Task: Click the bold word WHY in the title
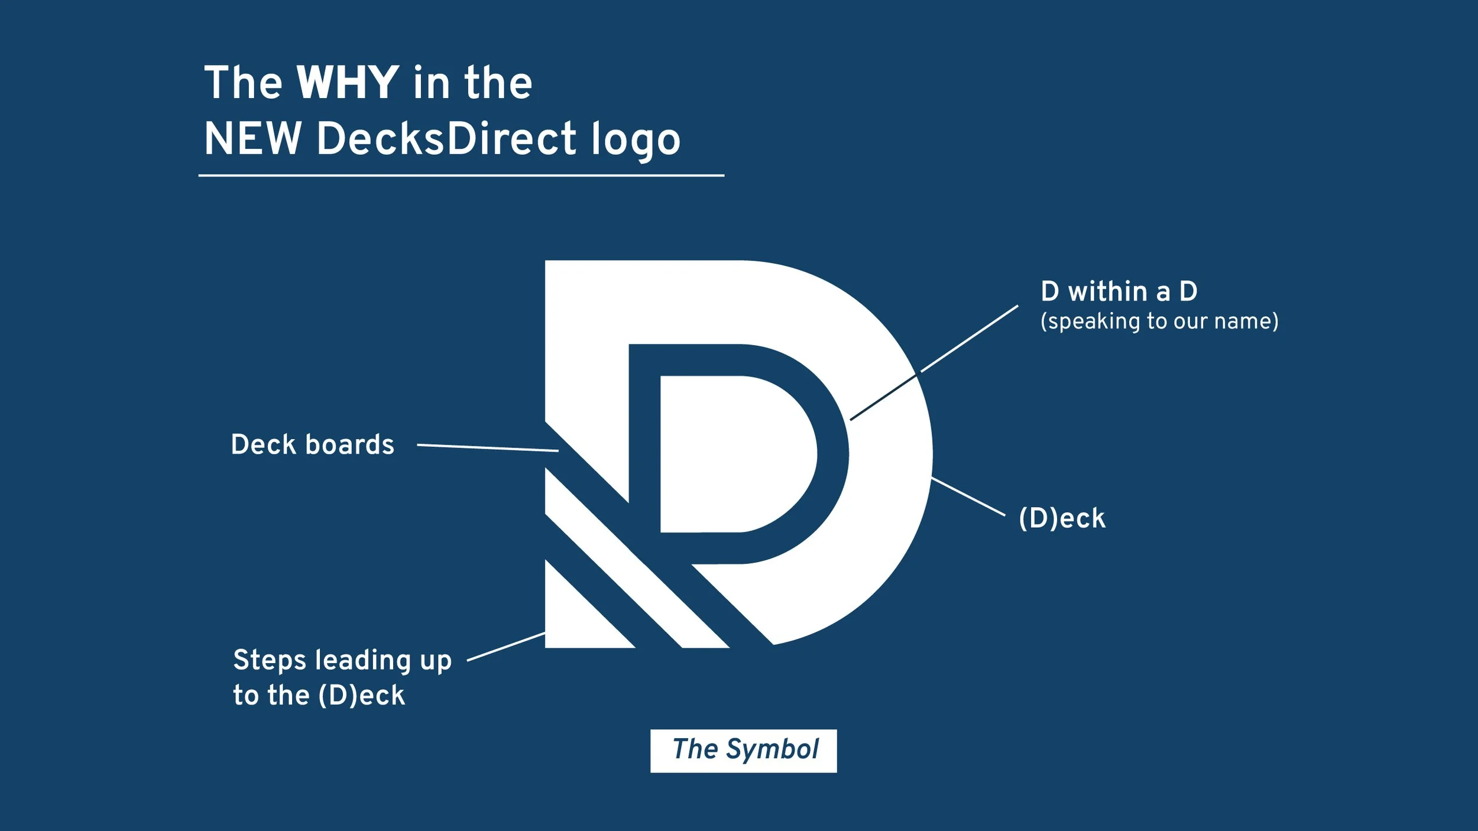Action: coord(347,83)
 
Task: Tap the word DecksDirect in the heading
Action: coord(446,139)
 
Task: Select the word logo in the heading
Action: coord(636,140)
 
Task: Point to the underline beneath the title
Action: coord(461,176)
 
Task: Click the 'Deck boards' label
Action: coord(312,444)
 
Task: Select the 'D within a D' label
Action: coord(1119,291)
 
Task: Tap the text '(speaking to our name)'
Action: coord(1159,322)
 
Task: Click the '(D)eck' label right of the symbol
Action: coord(1062,518)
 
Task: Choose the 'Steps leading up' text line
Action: coord(342,660)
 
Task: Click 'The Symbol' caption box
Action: coord(743,751)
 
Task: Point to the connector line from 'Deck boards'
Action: coord(488,447)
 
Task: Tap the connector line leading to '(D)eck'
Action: coord(968,496)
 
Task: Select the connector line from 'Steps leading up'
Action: coord(505,647)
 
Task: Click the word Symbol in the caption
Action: coord(772,750)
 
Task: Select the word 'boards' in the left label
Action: coord(349,444)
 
